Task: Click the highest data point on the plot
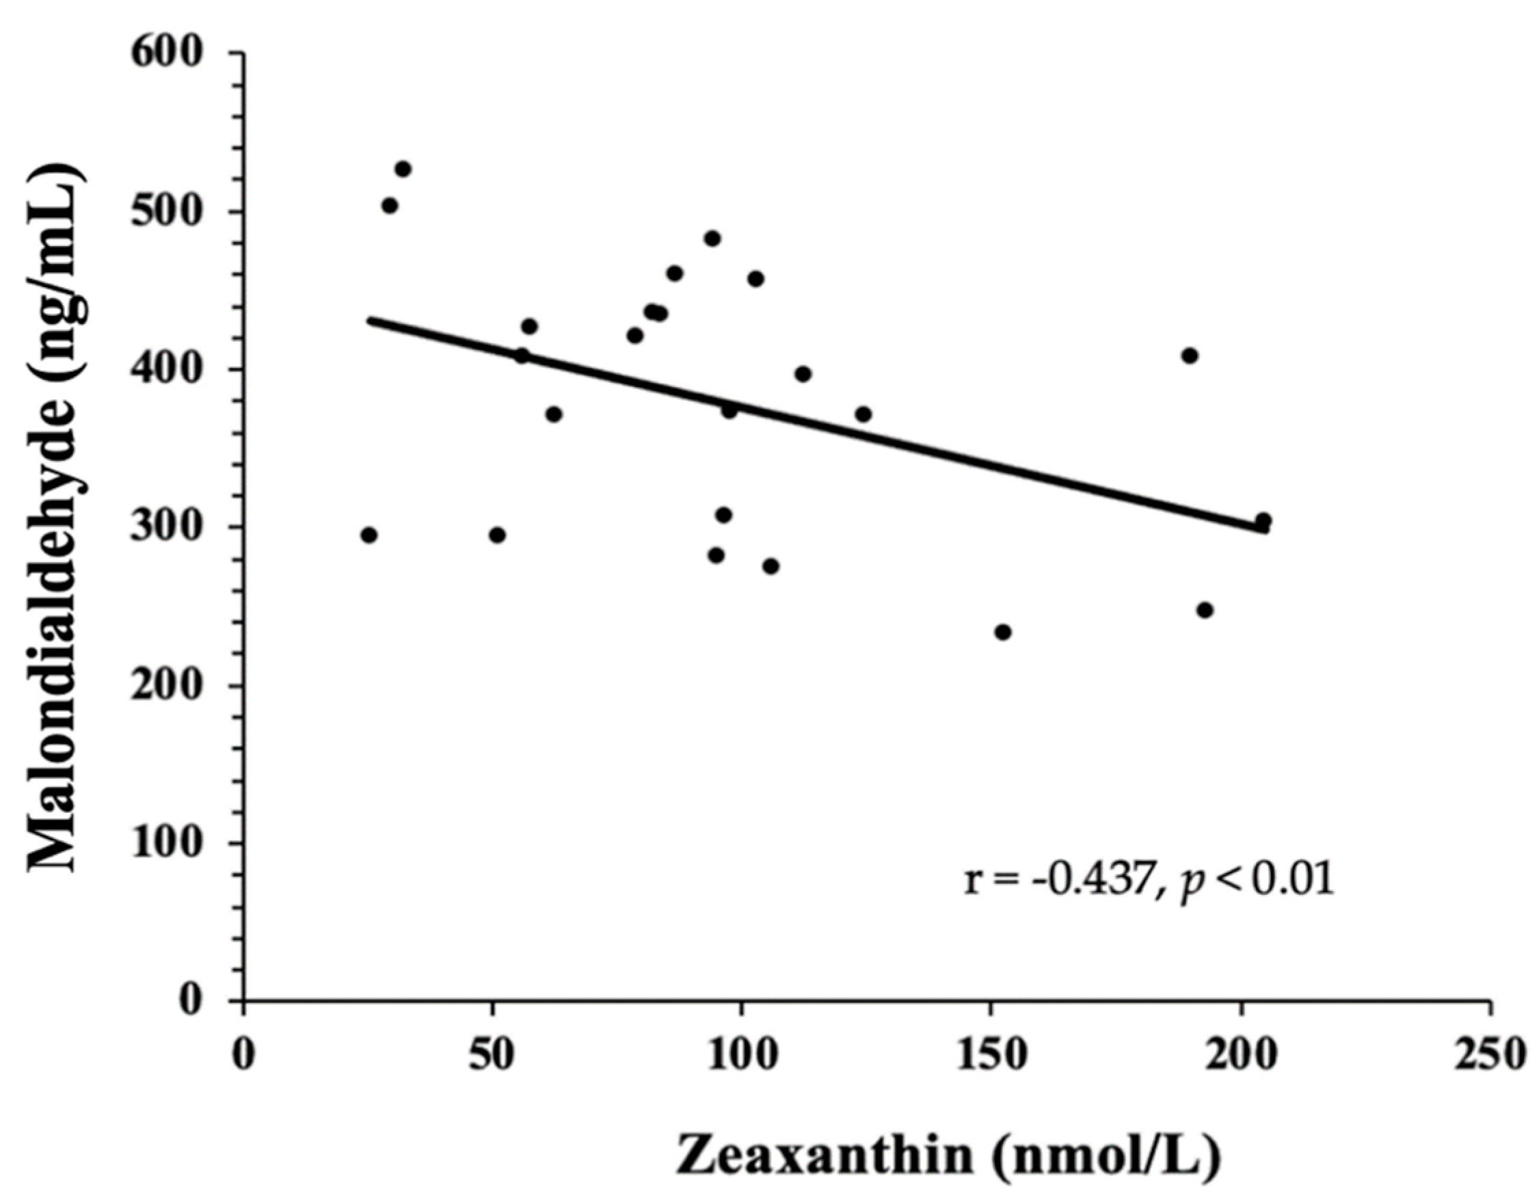pos(403,169)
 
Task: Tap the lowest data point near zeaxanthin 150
pos(1003,632)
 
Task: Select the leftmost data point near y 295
pos(369,535)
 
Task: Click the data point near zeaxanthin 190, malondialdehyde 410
pos(1190,356)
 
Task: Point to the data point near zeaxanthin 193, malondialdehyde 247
pos(1205,609)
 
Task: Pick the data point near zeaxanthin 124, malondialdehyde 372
pos(864,414)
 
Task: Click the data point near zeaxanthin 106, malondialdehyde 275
pos(771,565)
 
